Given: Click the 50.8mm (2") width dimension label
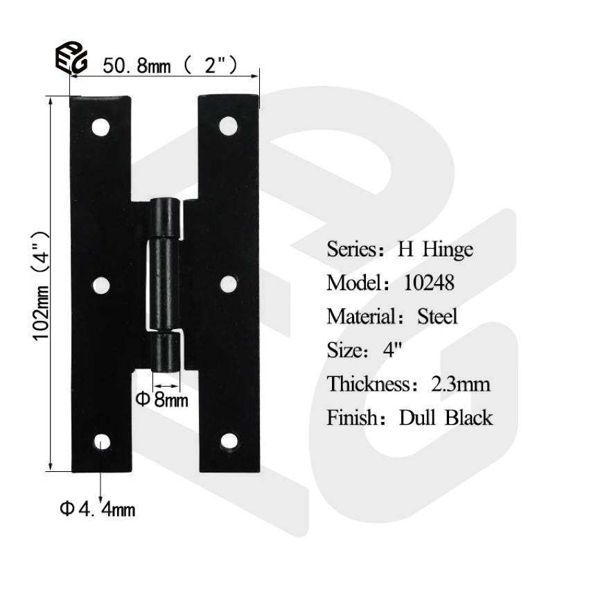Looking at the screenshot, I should (170, 66).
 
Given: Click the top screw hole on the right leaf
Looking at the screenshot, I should (227, 125).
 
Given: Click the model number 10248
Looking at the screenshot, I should (428, 283).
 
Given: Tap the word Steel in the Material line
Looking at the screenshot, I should (437, 317).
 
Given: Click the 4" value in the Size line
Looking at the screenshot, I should (392, 351).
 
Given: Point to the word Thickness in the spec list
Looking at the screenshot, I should (369, 384).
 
